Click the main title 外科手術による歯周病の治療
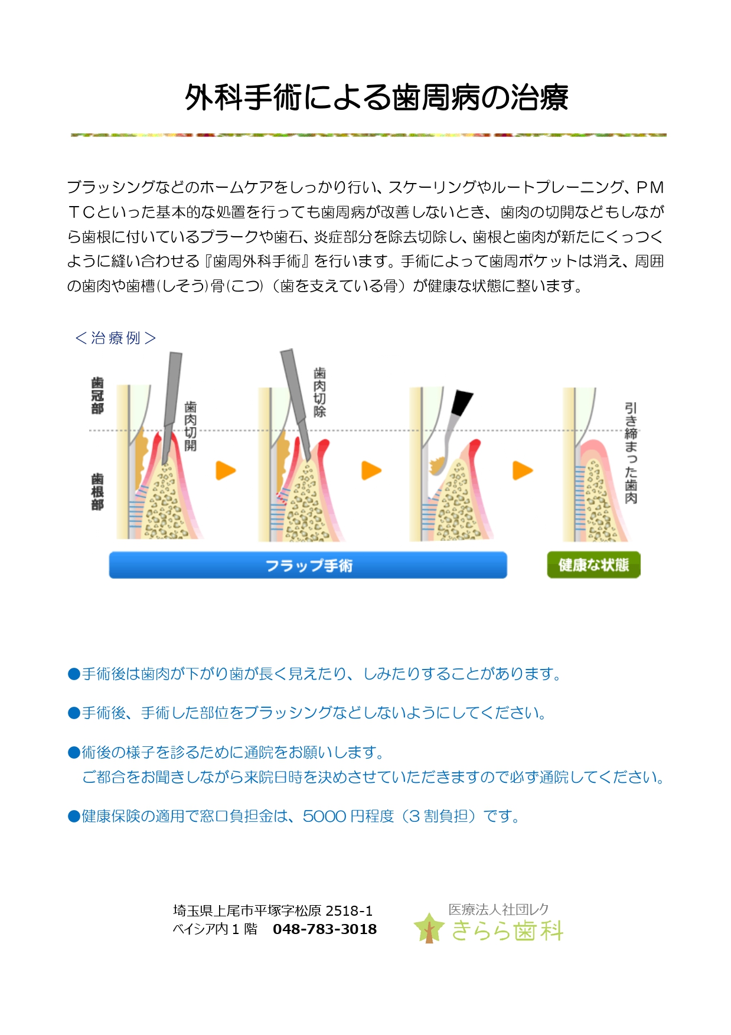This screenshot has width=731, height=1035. point(377,97)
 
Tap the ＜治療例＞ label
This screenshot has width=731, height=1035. point(116,338)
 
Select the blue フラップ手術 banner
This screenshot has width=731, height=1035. point(308,565)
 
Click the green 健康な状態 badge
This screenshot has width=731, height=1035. point(593,565)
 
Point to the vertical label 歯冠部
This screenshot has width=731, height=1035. point(97,396)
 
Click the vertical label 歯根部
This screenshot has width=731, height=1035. point(97,491)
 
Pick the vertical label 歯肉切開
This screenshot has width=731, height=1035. point(190,426)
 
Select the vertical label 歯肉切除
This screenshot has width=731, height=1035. point(319,392)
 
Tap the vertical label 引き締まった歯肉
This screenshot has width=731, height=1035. point(631,453)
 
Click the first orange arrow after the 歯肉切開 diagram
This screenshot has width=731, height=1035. point(226,471)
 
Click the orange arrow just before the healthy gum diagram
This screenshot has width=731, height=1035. point(523,471)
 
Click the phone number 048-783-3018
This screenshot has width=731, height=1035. point(325,929)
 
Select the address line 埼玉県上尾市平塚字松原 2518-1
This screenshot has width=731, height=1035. point(273,911)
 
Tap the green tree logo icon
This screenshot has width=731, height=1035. point(429,928)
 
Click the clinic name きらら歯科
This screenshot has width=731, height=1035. point(508,930)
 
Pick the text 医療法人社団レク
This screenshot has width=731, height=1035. point(499,909)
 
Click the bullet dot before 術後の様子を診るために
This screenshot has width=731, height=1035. point(74,752)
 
